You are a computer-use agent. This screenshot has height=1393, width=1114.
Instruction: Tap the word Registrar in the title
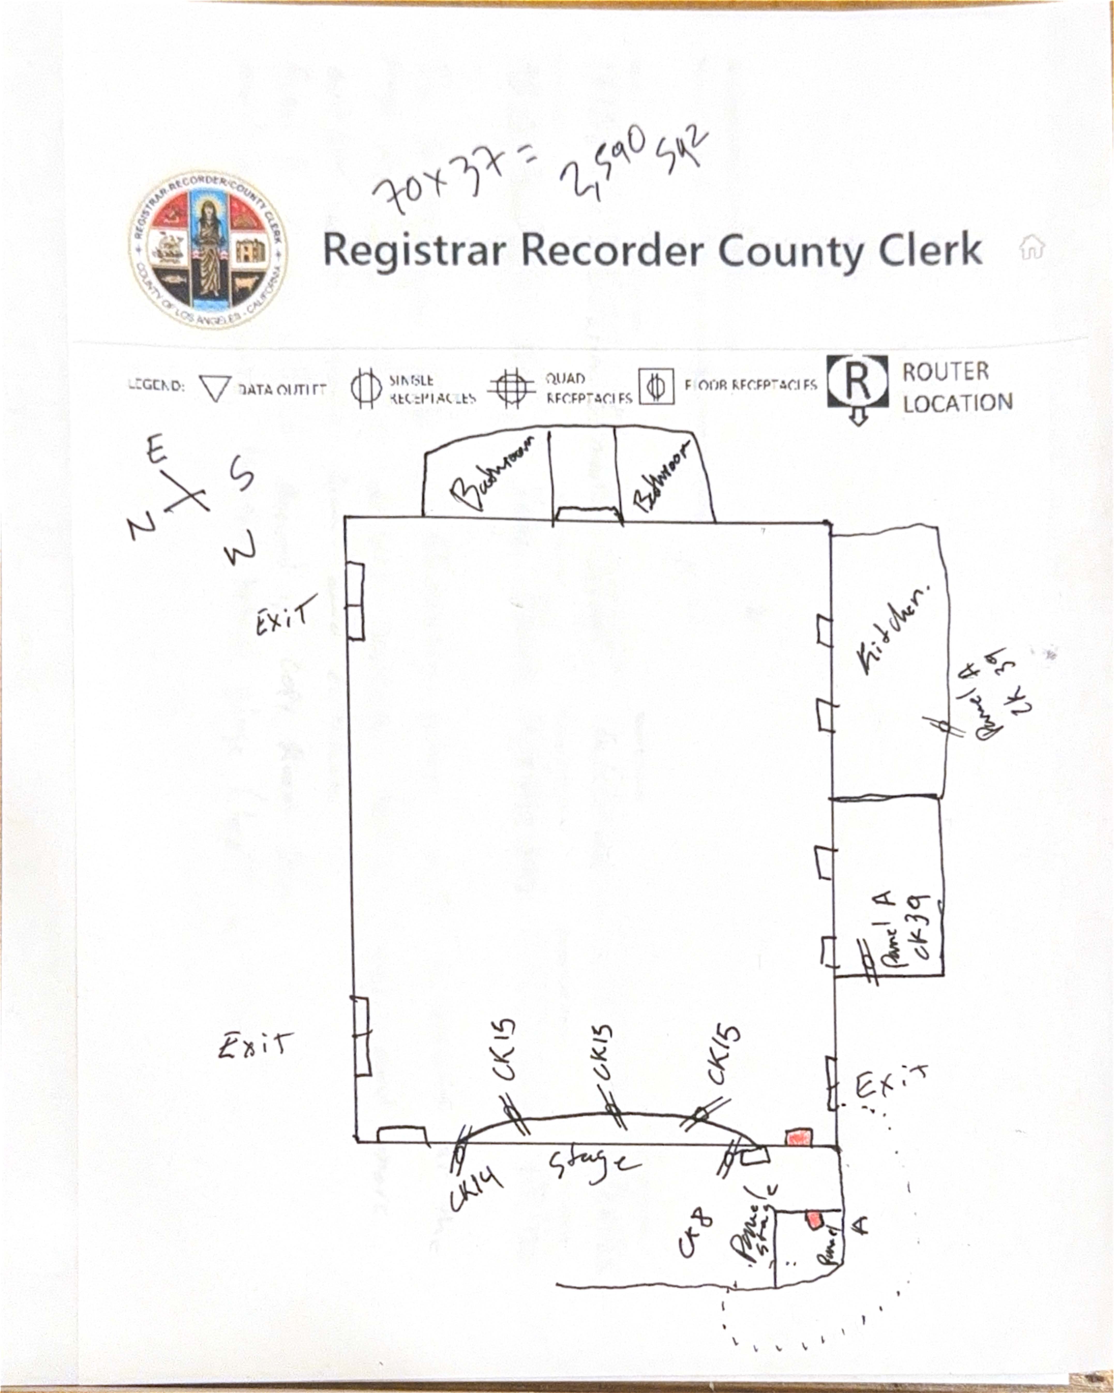pos(413,251)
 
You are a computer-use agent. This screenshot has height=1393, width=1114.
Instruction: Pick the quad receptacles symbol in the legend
pos(511,388)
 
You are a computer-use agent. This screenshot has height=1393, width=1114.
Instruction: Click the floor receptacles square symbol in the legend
pos(656,386)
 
